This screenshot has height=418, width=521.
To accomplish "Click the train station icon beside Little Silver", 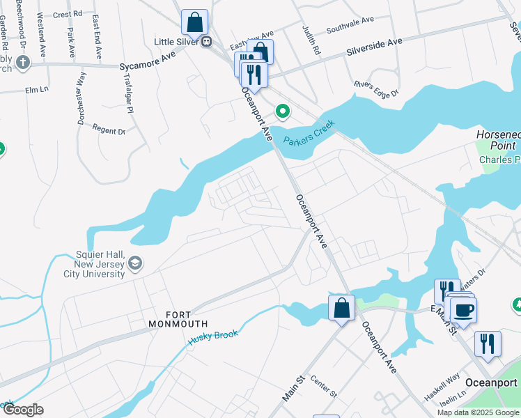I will pos(207,42).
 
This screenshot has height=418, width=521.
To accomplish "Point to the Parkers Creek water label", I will pos(309,132).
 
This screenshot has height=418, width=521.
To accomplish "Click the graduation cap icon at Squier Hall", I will pos(135,263).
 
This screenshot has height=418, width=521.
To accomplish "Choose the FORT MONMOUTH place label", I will pos(178,324).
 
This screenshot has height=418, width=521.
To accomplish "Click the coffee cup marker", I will pos(463,309).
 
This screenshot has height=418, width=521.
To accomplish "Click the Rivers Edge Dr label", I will pos(375,89).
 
